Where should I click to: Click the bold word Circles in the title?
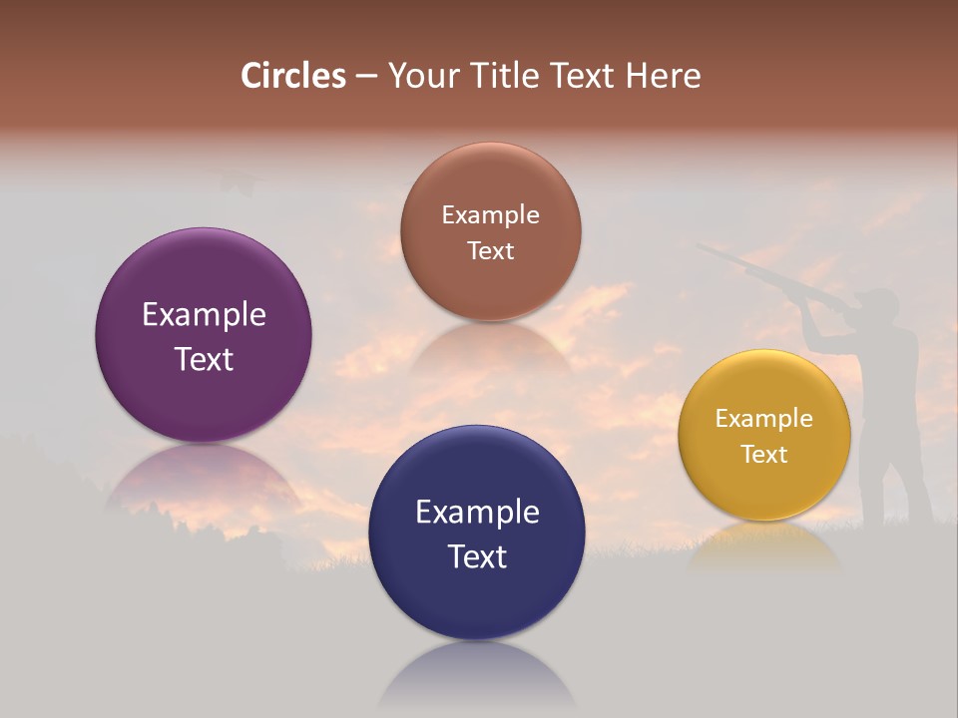pyautogui.click(x=292, y=76)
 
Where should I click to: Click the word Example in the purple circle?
pyautogui.click(x=204, y=315)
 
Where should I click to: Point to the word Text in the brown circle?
pyautogui.click(x=490, y=251)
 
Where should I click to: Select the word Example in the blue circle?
pyautogui.click(x=477, y=513)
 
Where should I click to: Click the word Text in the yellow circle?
pyautogui.click(x=764, y=455)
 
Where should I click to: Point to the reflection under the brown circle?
pyautogui.click(x=490, y=349)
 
